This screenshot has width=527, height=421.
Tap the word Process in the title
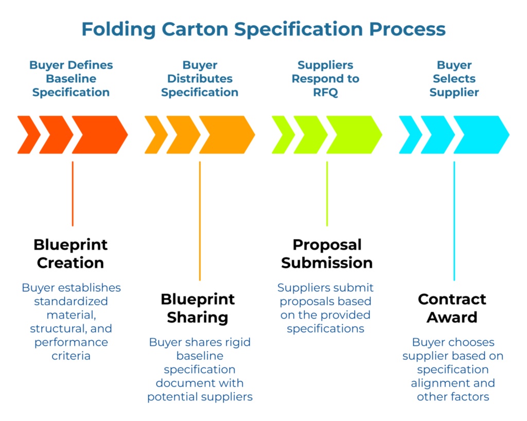402,29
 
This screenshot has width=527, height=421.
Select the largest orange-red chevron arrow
99,135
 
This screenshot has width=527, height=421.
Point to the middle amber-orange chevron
183,135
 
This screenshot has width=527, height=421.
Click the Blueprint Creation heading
71,253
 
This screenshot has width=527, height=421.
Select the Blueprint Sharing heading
198,308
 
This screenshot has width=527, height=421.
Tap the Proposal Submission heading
327,253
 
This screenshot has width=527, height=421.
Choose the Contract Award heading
452,308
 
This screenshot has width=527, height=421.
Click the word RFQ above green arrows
326,93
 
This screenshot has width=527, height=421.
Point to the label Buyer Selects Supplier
454,79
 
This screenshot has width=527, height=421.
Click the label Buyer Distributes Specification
200,79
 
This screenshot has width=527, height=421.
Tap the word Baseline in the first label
71,79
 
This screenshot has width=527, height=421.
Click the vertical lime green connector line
327,194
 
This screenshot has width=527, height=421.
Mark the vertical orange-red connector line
73,194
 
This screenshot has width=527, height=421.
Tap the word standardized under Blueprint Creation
71,301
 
